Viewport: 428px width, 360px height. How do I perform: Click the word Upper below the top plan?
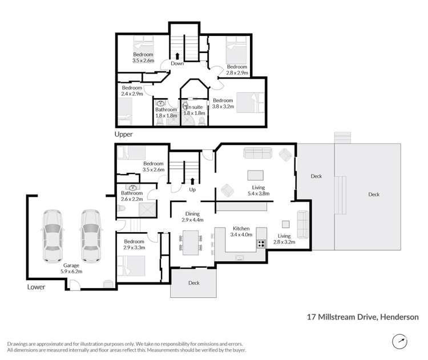[123, 135]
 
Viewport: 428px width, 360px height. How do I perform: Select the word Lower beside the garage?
[35, 288]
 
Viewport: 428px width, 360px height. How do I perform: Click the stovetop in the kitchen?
[261, 244]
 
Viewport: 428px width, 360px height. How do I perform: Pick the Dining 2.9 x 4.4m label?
[192, 216]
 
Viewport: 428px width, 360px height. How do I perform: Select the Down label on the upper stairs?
[177, 64]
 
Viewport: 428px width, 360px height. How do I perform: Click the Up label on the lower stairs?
[192, 189]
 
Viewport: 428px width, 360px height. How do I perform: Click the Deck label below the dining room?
[193, 282]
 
